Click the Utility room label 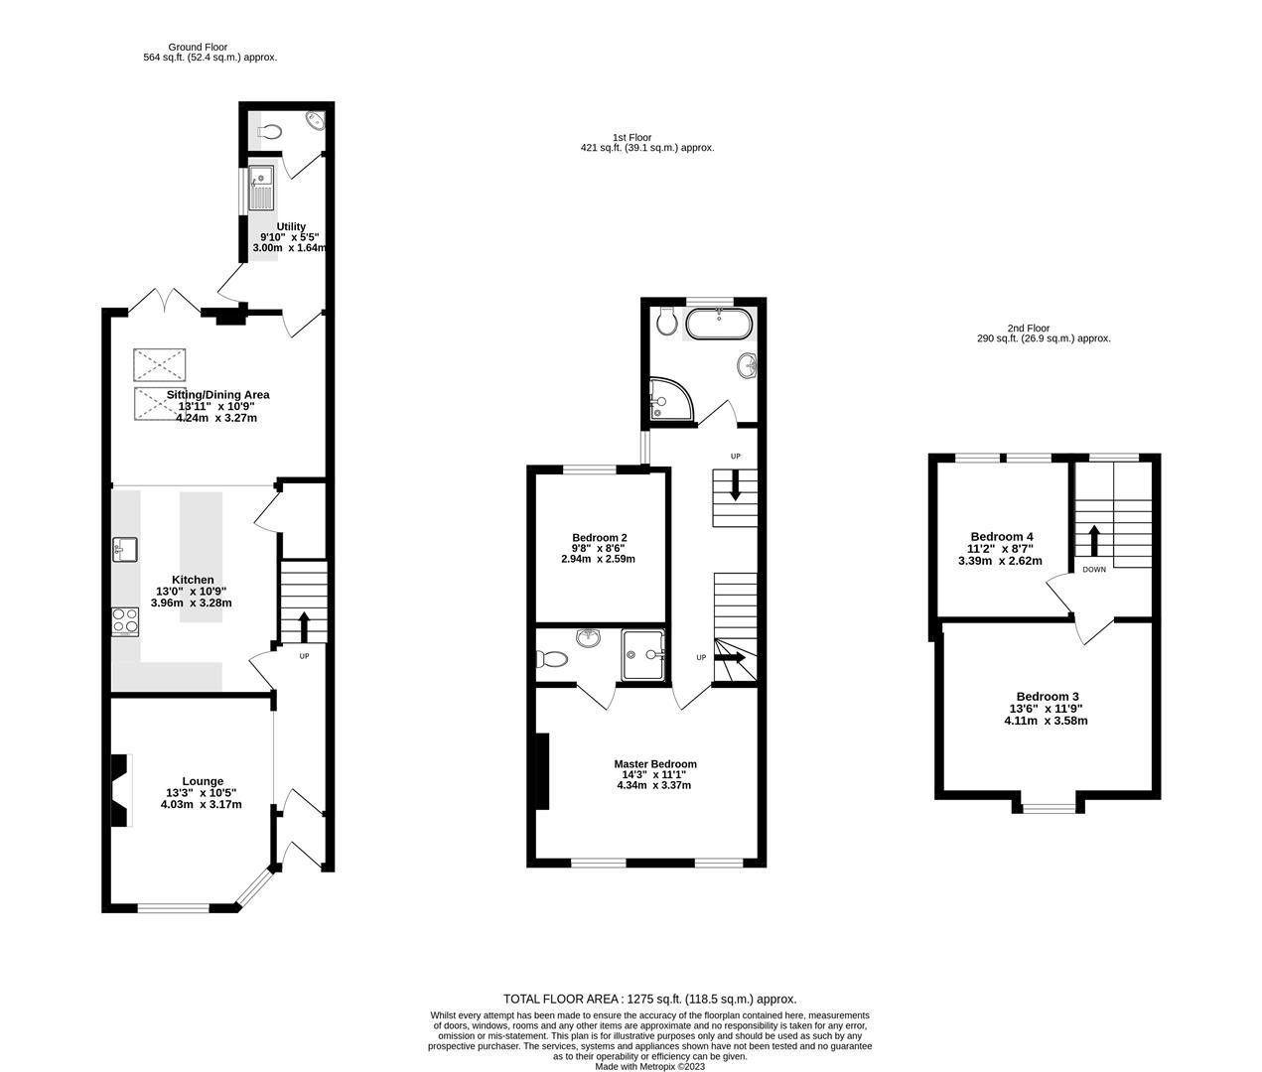291,226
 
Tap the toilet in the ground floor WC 267,130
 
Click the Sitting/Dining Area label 217,395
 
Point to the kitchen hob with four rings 126,620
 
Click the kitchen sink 125,549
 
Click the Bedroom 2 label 599,537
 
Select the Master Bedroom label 654,764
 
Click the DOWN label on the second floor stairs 1094,570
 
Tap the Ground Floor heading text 198,47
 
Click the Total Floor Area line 649,1000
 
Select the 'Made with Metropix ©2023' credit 649,1067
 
